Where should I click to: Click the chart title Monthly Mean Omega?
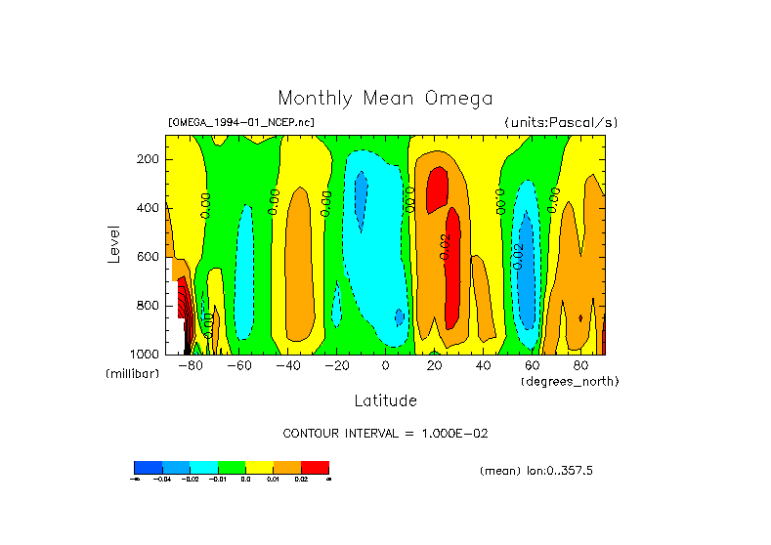pos(385,99)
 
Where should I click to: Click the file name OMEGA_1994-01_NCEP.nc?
pos(241,122)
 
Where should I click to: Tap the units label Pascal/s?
pos(583,122)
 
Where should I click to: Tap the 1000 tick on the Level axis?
pos(146,354)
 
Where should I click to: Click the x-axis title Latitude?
pos(385,400)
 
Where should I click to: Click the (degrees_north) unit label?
pos(570,380)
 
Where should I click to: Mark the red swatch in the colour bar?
pos(315,467)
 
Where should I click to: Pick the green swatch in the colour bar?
pos(231,467)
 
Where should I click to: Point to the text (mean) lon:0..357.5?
pos(536,471)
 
